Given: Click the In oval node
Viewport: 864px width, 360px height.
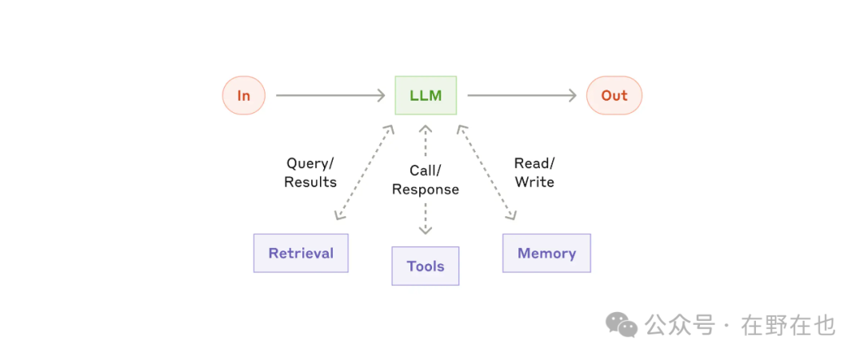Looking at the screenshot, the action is coord(243,95).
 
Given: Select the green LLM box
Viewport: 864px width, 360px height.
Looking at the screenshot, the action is coord(426,95).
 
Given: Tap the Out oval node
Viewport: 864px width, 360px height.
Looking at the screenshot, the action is coord(614,95).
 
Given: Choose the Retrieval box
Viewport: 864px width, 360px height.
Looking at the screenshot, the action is coord(301,253).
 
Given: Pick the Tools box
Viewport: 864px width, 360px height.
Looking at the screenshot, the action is coord(426,266).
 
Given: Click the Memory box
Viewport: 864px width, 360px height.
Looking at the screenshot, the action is coord(546,253).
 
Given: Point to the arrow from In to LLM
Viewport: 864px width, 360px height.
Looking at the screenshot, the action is coord(330,95).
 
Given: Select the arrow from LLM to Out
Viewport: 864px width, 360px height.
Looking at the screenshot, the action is coord(522,95).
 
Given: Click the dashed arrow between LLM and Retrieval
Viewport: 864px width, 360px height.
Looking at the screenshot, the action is coord(364,172).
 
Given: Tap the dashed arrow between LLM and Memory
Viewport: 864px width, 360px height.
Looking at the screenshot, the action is coord(486,172).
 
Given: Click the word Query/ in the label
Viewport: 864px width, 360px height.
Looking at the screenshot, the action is coord(310,164).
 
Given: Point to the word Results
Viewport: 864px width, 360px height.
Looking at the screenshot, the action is coord(310,182).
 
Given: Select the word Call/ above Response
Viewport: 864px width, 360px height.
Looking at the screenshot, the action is coord(426,171).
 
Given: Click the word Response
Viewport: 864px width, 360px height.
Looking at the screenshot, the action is coord(426,190).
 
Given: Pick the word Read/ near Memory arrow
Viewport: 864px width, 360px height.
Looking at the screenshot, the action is coord(534,164).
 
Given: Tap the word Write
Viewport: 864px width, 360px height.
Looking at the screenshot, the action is coord(534,182).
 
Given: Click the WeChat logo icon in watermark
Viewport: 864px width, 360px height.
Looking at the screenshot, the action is coord(622,325).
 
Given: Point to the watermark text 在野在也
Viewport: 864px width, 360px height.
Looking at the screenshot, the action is coord(789,326).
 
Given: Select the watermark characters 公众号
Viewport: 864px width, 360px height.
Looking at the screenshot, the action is coord(681,326).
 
